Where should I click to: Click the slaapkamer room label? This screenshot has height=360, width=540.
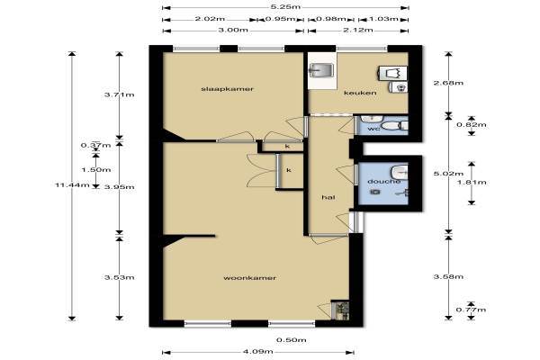(x=227, y=89)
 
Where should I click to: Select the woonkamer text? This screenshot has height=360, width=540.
(x=249, y=278)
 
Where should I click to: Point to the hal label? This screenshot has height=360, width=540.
(x=328, y=197)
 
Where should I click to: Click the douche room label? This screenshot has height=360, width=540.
(x=383, y=181)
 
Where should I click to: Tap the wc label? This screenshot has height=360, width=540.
(x=373, y=129)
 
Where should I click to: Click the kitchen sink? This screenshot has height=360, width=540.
(x=321, y=70)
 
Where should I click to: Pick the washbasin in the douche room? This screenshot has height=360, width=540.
(x=399, y=172)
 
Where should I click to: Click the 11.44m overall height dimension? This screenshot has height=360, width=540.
(x=72, y=185)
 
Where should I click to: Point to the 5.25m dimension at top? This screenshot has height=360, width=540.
(x=285, y=6)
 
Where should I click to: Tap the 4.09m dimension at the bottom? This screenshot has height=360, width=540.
(x=258, y=351)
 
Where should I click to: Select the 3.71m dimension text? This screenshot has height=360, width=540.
(x=120, y=94)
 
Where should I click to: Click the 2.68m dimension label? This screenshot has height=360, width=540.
(x=448, y=83)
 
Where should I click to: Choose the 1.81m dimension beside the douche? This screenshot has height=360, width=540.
(x=472, y=182)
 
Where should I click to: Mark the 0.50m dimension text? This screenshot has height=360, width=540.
(x=292, y=340)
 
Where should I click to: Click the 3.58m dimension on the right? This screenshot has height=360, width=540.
(x=448, y=276)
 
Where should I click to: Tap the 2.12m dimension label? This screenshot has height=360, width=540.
(x=358, y=30)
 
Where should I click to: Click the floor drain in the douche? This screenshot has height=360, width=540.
(x=375, y=192)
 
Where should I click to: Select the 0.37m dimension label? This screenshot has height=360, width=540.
(x=95, y=145)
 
